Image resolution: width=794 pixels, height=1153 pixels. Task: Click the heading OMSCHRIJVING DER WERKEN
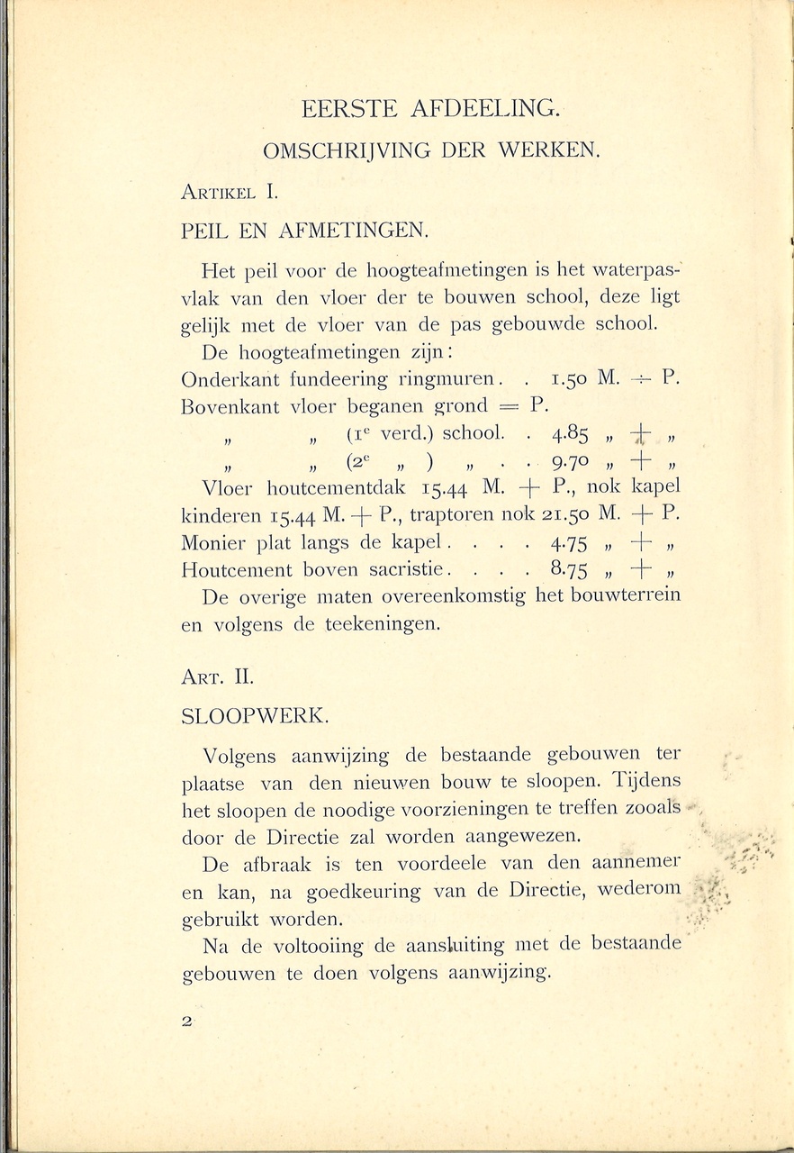tap(431, 151)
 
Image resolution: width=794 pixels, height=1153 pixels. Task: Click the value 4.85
tap(570, 435)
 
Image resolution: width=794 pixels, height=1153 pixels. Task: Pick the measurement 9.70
tap(570, 465)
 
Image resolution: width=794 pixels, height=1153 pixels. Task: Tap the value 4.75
tap(570, 544)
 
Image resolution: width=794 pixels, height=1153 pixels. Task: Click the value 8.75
tap(570, 570)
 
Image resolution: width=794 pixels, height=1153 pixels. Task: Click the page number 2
tap(187, 1021)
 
